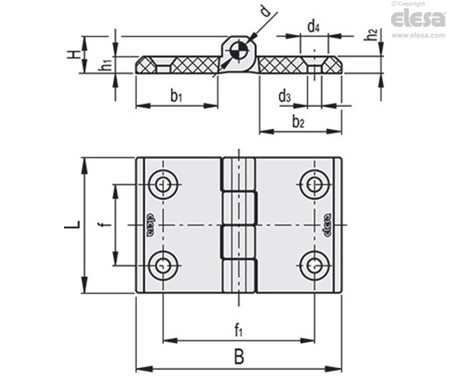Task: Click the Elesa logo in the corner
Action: point(418,18)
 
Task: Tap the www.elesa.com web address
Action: point(418,35)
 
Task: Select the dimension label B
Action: point(239,357)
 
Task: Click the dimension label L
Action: point(72,225)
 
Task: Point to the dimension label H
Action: point(74,54)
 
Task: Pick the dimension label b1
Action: point(176,96)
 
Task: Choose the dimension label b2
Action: point(298,122)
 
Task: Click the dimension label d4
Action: point(313,27)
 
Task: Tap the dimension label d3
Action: point(284,96)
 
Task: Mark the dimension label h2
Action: point(371,34)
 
